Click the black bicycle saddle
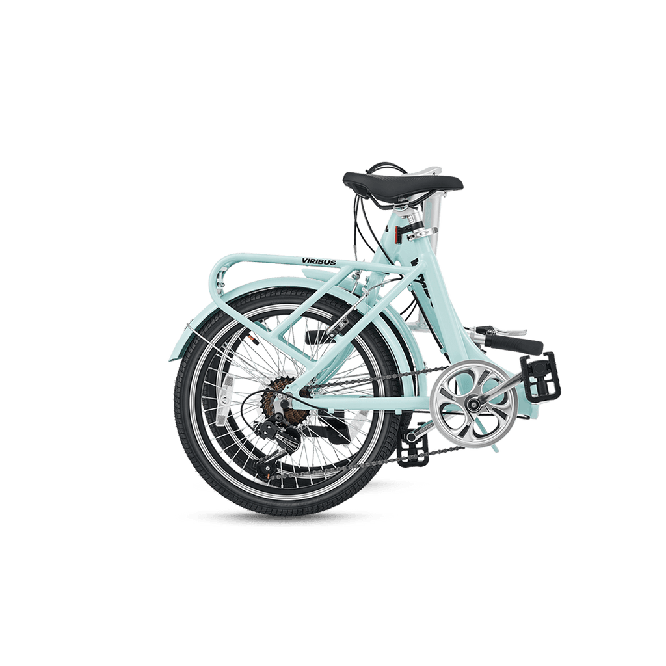[x=403, y=183]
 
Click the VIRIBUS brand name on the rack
[x=319, y=261]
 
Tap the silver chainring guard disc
[x=473, y=402]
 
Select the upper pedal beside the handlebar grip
[x=540, y=374]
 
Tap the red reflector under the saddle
[x=397, y=235]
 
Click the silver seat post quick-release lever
[x=423, y=232]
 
